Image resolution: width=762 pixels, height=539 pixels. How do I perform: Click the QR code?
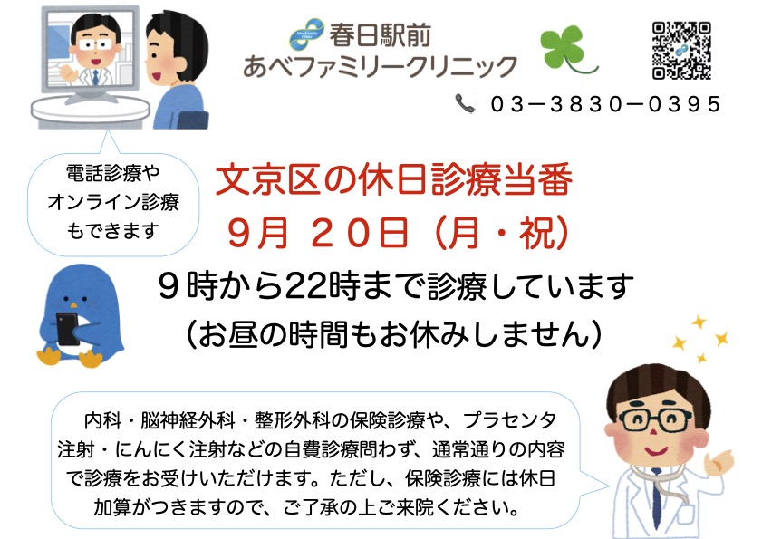pyautogui.click(x=681, y=51)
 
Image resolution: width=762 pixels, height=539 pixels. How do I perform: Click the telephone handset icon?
pyautogui.click(x=465, y=104)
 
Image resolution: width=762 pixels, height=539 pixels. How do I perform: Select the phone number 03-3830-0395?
pyautogui.click(x=606, y=104)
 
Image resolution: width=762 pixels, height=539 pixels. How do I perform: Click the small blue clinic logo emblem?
pyautogui.click(x=306, y=34)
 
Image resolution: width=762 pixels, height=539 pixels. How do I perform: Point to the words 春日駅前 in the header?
pyautogui.click(x=380, y=35)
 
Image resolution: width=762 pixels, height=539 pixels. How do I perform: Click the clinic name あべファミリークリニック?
pyautogui.click(x=380, y=66)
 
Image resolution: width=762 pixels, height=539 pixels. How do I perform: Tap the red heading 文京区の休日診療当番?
pyautogui.click(x=393, y=180)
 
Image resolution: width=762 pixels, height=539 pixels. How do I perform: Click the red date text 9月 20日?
pyautogui.click(x=318, y=234)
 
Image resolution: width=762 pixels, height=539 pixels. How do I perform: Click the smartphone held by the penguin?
pyautogui.click(x=68, y=329)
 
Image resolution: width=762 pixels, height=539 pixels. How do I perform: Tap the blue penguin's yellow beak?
pyautogui.click(x=72, y=305)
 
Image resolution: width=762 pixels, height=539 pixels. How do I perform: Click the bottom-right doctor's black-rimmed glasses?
pyautogui.click(x=654, y=419)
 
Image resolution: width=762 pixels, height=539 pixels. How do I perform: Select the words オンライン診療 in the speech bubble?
pyautogui.click(x=114, y=202)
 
